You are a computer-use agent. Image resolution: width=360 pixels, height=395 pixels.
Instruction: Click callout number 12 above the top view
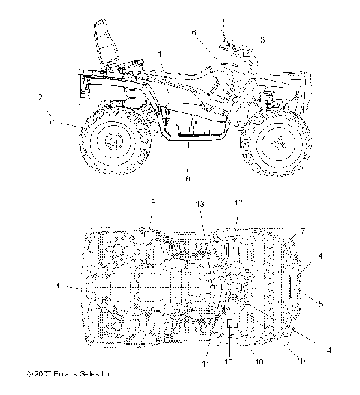click(239, 203)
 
